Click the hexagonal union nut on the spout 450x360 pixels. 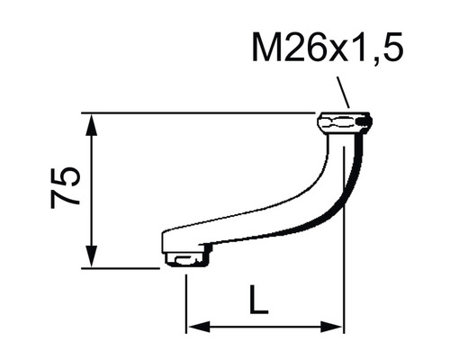point(344,121)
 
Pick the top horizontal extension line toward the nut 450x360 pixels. point(198,113)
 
